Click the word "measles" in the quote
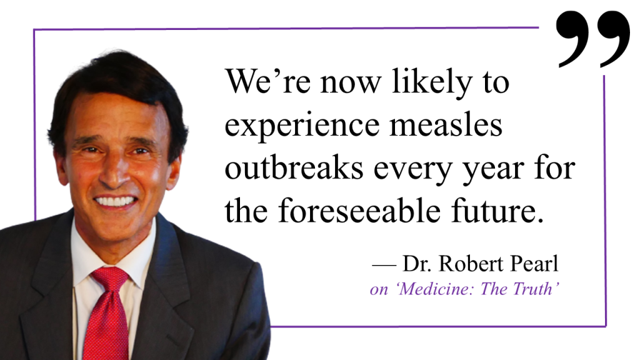point(446,124)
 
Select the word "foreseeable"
point(359,210)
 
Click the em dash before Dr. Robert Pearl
point(384,265)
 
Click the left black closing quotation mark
point(572,39)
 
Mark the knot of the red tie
point(110,280)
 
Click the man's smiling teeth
point(116,201)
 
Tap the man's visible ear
point(174,171)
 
